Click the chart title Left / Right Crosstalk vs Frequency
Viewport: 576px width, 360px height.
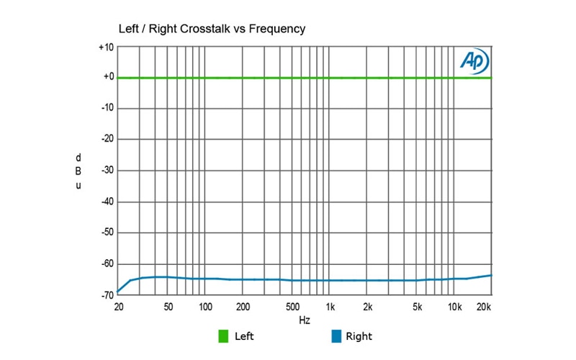tap(212, 29)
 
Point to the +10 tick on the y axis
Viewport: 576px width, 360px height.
tap(106, 48)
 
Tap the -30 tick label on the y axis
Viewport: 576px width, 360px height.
tap(106, 171)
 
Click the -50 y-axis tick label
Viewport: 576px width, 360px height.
tap(106, 233)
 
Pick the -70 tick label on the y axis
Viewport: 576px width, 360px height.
tap(106, 295)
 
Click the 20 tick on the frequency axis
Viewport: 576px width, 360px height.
tap(118, 307)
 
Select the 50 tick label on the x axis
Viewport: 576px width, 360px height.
tap(168, 307)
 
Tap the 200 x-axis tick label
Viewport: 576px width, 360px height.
tap(243, 307)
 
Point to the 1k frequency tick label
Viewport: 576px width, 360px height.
tap(330, 307)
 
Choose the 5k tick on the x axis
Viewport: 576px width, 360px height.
tap(417, 307)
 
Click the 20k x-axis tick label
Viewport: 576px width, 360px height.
tap(484, 307)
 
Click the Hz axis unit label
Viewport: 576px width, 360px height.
tap(305, 318)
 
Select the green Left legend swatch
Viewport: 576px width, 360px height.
tap(224, 336)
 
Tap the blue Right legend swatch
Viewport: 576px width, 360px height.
tap(336, 336)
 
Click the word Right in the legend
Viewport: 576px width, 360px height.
tap(359, 336)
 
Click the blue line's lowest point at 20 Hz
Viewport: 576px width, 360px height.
tap(118, 292)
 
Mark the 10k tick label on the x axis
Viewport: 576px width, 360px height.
tap(455, 307)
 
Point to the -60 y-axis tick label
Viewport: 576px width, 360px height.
tap(106, 264)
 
